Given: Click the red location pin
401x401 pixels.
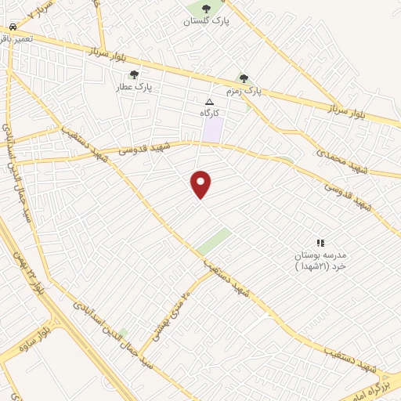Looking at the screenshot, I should [201, 183].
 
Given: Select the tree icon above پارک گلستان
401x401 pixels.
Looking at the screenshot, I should [207, 9].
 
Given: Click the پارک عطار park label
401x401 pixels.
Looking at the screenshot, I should [135, 88].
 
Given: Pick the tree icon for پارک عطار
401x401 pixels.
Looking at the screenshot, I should [135, 75].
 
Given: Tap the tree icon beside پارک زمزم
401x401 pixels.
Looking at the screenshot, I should [244, 78].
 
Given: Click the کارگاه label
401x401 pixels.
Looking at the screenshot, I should [208, 114].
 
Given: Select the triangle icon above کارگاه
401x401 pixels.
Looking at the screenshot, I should [208, 102].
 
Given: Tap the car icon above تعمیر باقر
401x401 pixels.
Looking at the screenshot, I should [13, 27].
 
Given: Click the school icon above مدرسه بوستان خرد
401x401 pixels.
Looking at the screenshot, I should [320, 244].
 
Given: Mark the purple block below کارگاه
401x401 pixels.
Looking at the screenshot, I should [212, 129].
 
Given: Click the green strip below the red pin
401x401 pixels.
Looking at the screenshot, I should [213, 241].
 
